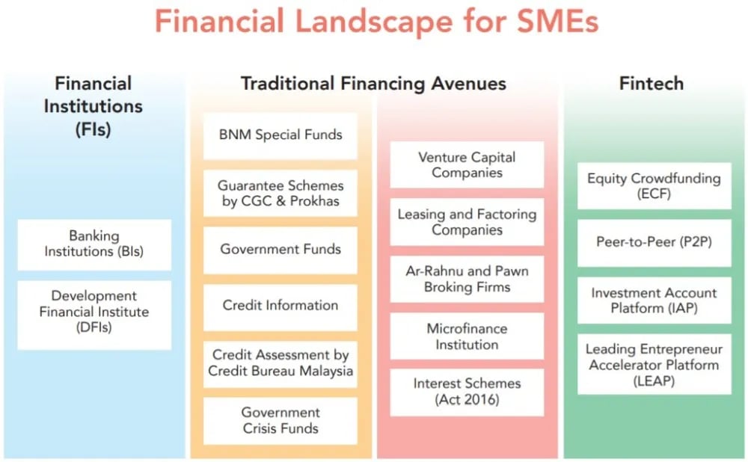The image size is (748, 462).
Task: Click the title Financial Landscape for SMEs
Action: pos(376,22)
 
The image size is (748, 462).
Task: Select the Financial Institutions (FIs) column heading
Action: pos(93,106)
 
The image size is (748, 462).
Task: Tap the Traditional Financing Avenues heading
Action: pos(373,84)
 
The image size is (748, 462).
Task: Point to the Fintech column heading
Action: pos(652,84)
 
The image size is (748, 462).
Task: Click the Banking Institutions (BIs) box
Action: pos(94,244)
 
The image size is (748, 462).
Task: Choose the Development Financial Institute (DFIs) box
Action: pos(94,315)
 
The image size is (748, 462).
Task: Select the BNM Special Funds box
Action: pos(280,136)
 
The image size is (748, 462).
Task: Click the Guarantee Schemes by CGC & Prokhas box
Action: pos(280,193)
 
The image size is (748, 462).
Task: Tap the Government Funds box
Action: pos(280,250)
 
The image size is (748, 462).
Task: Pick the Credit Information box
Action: pos(280,307)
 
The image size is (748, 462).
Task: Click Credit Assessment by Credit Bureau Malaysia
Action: pos(280,364)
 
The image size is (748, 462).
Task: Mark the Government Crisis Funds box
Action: pos(280,421)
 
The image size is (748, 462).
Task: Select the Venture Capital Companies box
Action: pos(467,164)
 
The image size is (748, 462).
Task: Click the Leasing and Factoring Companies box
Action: pos(467,222)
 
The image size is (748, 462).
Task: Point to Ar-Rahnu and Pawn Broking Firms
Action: pos(467,279)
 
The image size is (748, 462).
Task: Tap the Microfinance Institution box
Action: pos(467,336)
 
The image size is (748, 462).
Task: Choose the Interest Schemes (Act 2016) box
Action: pos(467,392)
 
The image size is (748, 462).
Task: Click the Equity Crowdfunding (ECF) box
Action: pos(654,185)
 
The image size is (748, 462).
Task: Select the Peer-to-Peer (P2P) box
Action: pos(654,243)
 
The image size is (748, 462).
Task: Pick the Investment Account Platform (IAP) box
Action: pos(654,301)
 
